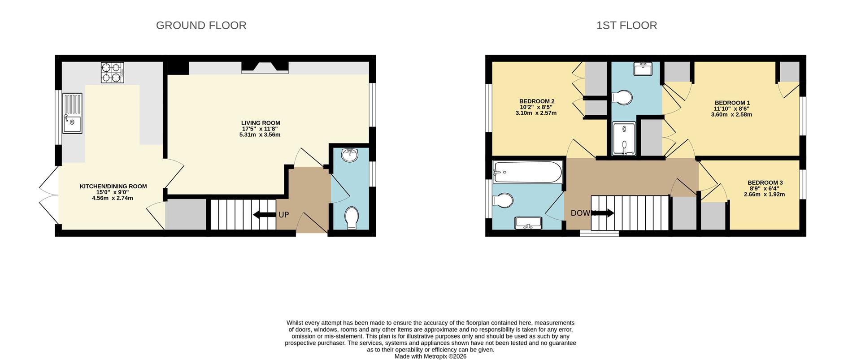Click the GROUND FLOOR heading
pos(201,26)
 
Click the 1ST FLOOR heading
pos(626,26)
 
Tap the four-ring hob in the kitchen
pos(112,73)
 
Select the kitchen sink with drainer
pos(72,113)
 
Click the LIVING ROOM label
pos(261,123)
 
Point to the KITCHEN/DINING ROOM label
pos(113,187)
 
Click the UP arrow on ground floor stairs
pos(265,215)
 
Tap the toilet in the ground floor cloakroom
pos(352,218)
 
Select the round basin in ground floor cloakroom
pos(350,155)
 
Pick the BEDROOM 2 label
pos(537,101)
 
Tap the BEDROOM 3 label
pos(765,183)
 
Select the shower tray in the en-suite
pos(624,139)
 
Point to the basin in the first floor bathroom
pos(529,222)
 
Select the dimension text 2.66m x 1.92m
pos(764,195)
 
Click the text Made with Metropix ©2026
pos(430,356)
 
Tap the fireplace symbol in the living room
pos(265,68)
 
